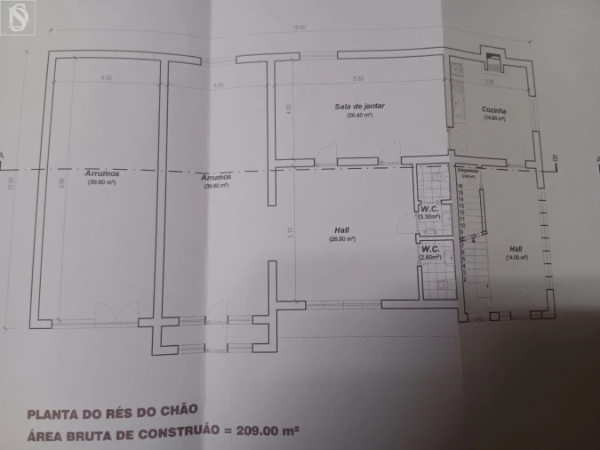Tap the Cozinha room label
[494, 109]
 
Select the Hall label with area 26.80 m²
[342, 230]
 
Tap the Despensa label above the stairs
[468, 171]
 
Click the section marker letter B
[555, 158]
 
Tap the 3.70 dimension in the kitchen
[488, 82]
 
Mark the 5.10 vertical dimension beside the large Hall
[291, 235]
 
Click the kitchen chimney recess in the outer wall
[492, 60]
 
